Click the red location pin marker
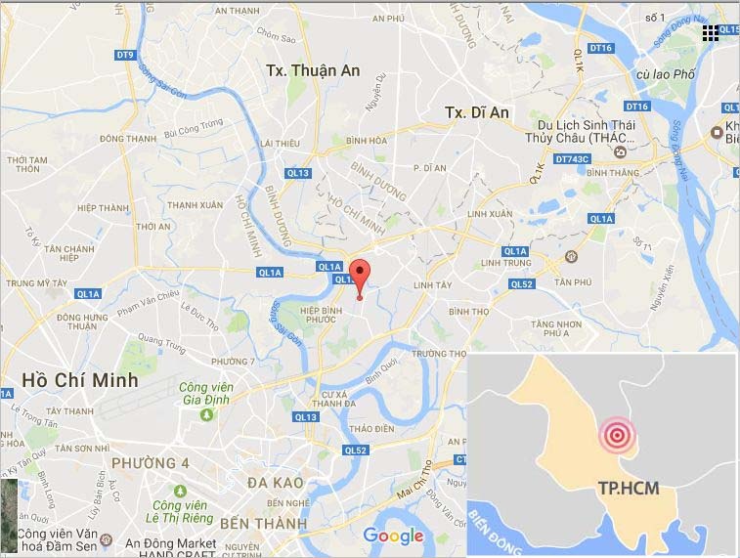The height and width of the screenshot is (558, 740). [360, 277]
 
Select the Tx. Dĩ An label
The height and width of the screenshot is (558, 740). [477, 112]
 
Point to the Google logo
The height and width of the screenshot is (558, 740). [393, 536]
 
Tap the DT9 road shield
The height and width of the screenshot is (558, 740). [124, 56]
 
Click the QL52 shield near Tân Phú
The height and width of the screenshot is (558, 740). [520, 284]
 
